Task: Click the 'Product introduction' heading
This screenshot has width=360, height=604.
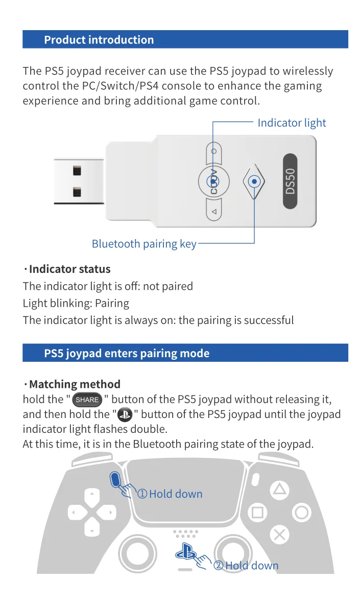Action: pyautogui.click(x=99, y=40)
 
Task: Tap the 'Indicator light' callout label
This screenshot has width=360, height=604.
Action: pyautogui.click(x=291, y=123)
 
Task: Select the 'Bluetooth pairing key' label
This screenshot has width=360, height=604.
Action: pyautogui.click(x=143, y=244)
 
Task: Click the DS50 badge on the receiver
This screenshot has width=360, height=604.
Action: pyautogui.click(x=290, y=180)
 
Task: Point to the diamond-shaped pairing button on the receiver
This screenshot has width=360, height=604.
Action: pyautogui.click(x=254, y=181)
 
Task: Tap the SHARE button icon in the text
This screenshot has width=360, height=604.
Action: pyautogui.click(x=87, y=400)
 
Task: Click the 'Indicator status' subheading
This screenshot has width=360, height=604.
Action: pyautogui.click(x=69, y=269)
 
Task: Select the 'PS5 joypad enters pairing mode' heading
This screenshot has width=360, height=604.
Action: pyautogui.click(x=127, y=353)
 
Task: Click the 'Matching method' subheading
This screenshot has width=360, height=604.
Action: pyautogui.click(x=75, y=384)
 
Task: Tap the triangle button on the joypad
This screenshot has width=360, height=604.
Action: pyautogui.click(x=279, y=490)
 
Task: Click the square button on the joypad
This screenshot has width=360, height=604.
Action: pyautogui.click(x=258, y=512)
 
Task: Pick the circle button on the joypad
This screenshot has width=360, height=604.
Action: pyautogui.click(x=301, y=512)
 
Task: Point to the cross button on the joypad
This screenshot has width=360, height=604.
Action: pyautogui.click(x=279, y=535)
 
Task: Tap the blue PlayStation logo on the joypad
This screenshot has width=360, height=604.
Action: pyautogui.click(x=185, y=552)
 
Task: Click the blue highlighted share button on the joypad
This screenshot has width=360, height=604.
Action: pyautogui.click(x=115, y=479)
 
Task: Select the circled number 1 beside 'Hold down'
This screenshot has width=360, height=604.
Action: pyautogui.click(x=142, y=494)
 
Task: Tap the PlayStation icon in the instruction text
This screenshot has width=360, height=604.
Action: pyautogui.click(x=125, y=414)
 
